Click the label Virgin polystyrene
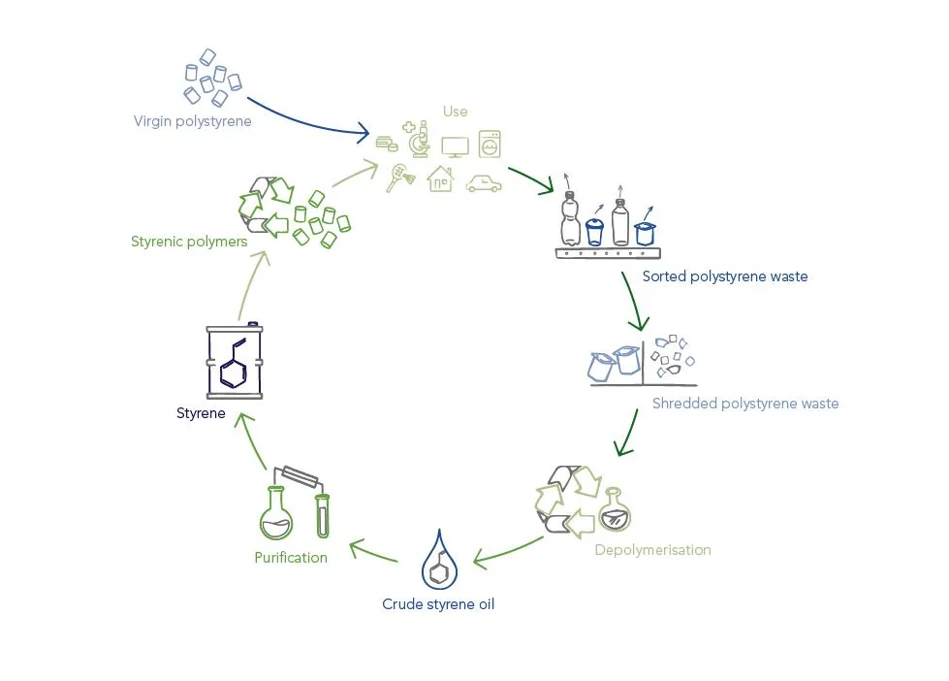click(x=192, y=121)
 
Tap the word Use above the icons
click(x=455, y=112)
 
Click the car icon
click(x=483, y=182)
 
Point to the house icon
click(x=440, y=178)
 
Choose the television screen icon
click(x=455, y=146)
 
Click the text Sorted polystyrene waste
click(x=724, y=276)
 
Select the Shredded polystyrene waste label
click(x=744, y=404)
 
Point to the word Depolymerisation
click(x=652, y=550)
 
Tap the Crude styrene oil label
click(x=439, y=604)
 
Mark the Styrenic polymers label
click(x=189, y=242)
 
